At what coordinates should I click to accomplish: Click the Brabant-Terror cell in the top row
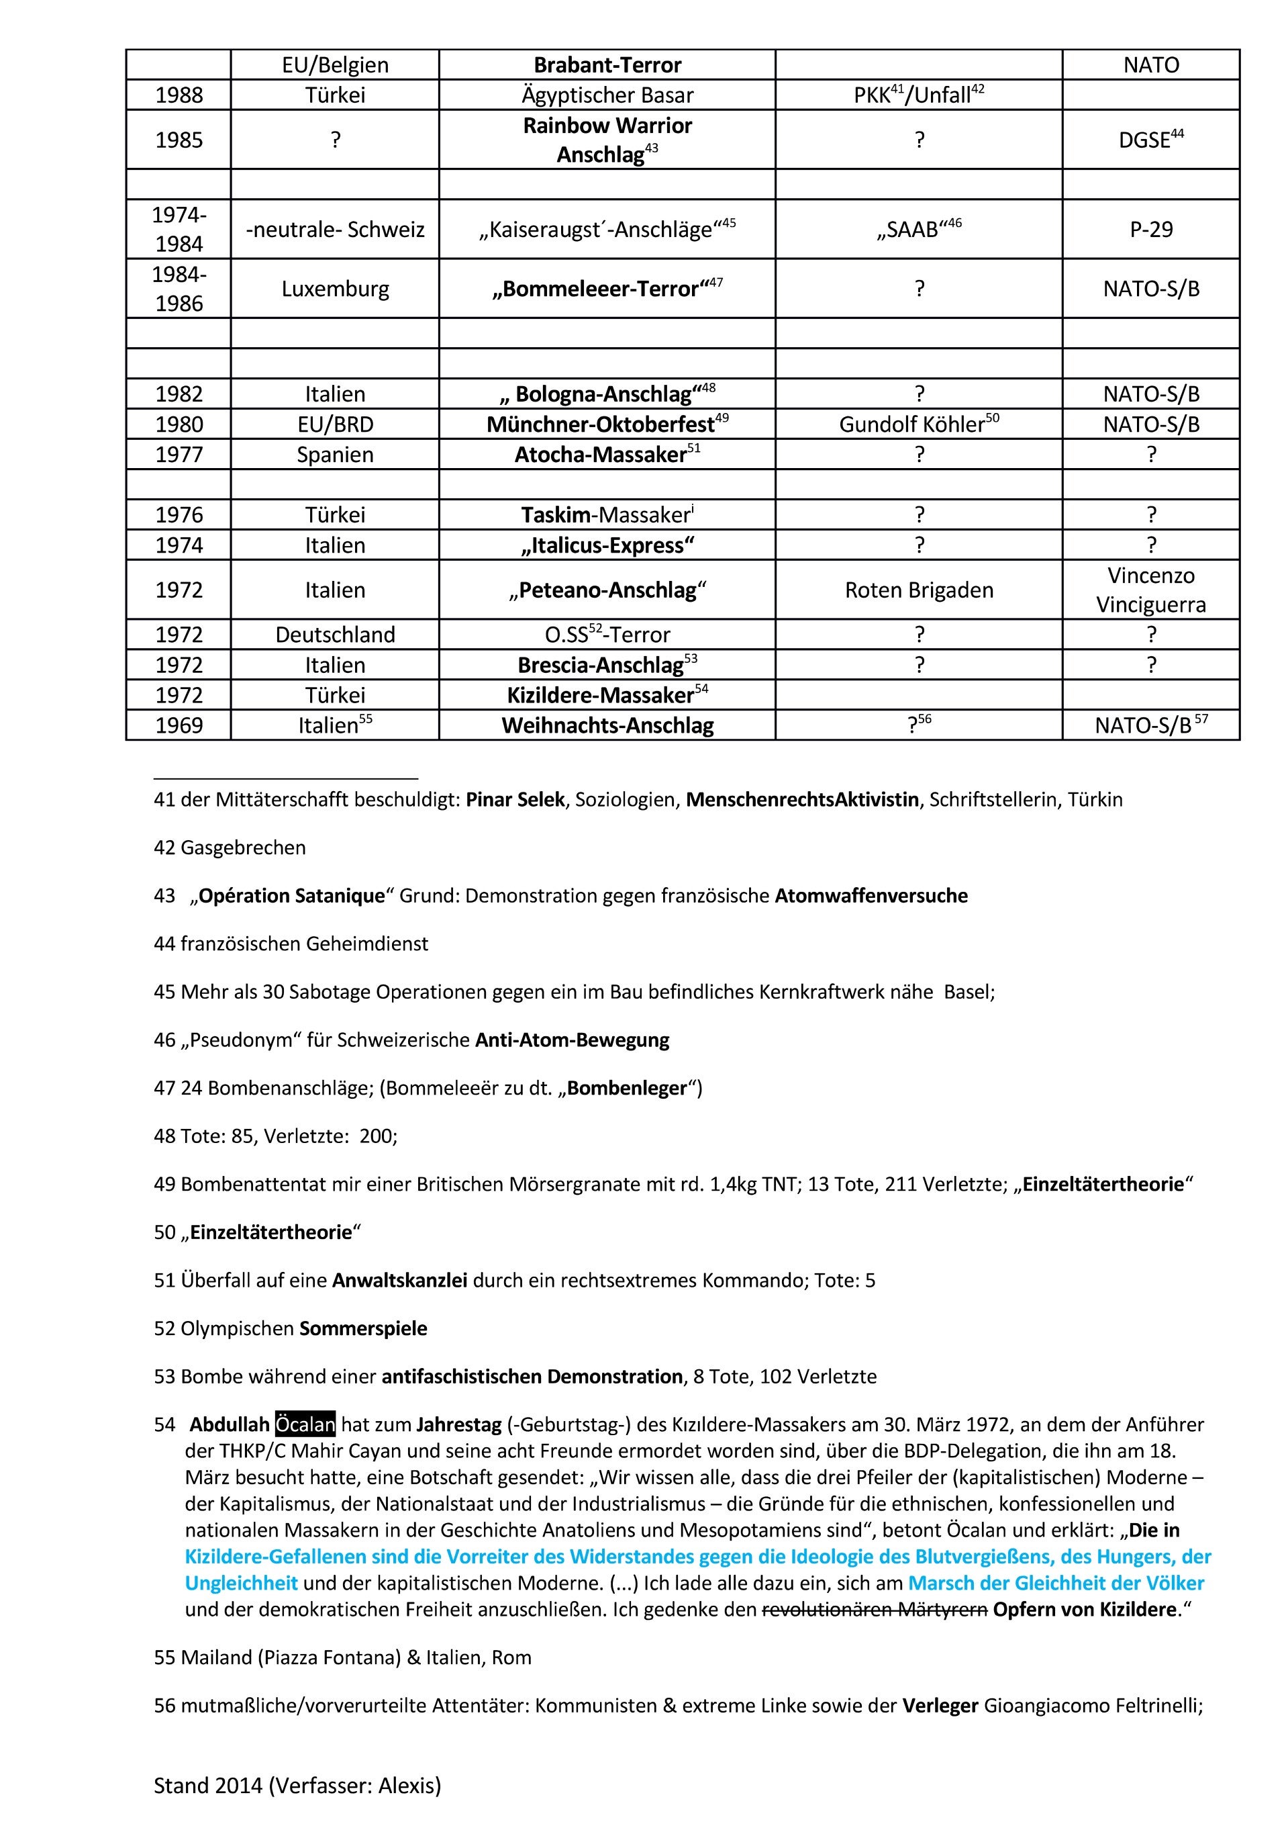[607, 64]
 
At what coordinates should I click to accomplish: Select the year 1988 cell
[179, 95]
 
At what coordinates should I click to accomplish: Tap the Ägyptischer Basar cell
[607, 95]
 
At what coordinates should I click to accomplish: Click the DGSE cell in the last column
[1150, 139]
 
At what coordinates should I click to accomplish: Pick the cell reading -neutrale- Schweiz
[335, 230]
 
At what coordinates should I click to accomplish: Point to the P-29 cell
[1150, 230]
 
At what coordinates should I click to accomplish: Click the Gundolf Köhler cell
[919, 424]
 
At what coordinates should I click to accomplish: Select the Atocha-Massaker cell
[607, 455]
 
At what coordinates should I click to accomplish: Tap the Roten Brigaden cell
[919, 590]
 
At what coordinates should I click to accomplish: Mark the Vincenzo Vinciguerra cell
[1150, 590]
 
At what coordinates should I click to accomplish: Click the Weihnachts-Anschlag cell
[607, 725]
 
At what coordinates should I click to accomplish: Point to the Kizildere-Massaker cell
[607, 695]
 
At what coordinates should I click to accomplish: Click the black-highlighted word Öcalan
[305, 1424]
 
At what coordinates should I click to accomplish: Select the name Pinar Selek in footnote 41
[515, 799]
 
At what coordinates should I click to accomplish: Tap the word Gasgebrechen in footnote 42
[243, 848]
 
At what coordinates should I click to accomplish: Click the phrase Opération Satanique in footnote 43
[291, 896]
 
